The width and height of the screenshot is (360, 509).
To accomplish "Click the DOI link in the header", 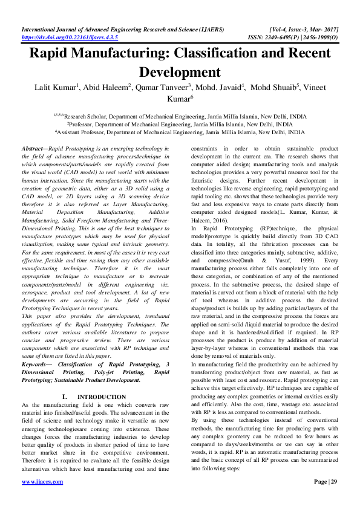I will coord(70,37).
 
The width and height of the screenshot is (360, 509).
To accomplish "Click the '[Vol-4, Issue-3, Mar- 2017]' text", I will coord(302,29).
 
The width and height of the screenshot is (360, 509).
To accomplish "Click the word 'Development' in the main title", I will coord(180,72).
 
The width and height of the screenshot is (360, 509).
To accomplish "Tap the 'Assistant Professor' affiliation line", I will coord(180,131).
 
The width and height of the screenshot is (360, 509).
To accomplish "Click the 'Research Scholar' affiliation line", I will coord(180,114).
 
